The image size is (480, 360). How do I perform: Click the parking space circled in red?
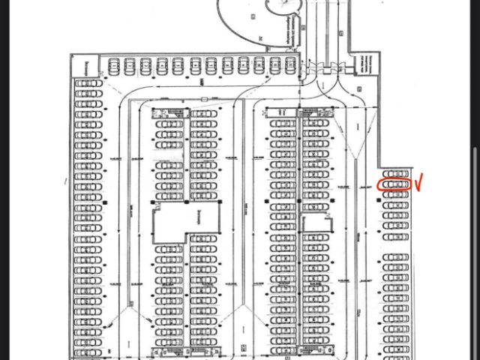394,184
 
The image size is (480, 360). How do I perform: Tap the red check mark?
420,181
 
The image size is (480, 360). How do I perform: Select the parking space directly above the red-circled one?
394,173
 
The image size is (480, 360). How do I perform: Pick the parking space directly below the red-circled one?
394,194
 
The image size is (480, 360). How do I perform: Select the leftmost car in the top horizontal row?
115,66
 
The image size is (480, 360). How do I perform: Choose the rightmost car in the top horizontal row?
287,66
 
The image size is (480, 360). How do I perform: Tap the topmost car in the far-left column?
88,82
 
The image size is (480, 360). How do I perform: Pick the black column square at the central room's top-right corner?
222,202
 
